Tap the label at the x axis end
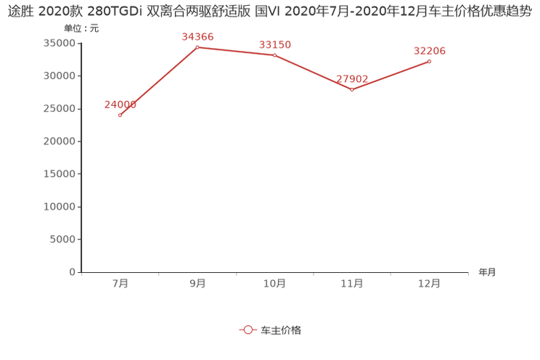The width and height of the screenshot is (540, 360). (487, 273)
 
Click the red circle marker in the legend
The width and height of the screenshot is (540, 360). (248, 330)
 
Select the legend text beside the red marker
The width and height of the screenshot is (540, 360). (281, 330)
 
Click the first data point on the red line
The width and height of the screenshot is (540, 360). (120, 115)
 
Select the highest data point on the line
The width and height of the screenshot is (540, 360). (197, 47)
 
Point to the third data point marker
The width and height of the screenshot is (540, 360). (274, 55)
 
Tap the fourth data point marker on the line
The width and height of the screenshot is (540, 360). (353, 89)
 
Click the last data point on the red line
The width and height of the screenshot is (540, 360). (430, 62)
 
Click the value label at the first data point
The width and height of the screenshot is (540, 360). (119, 105)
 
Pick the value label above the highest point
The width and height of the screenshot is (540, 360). (197, 36)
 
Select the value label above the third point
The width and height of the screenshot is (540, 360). (275, 45)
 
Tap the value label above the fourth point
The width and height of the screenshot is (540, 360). (353, 78)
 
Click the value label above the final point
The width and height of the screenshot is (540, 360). (430, 51)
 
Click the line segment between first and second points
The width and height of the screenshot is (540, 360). (158, 81)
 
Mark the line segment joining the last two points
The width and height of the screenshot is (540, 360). (392, 75)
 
